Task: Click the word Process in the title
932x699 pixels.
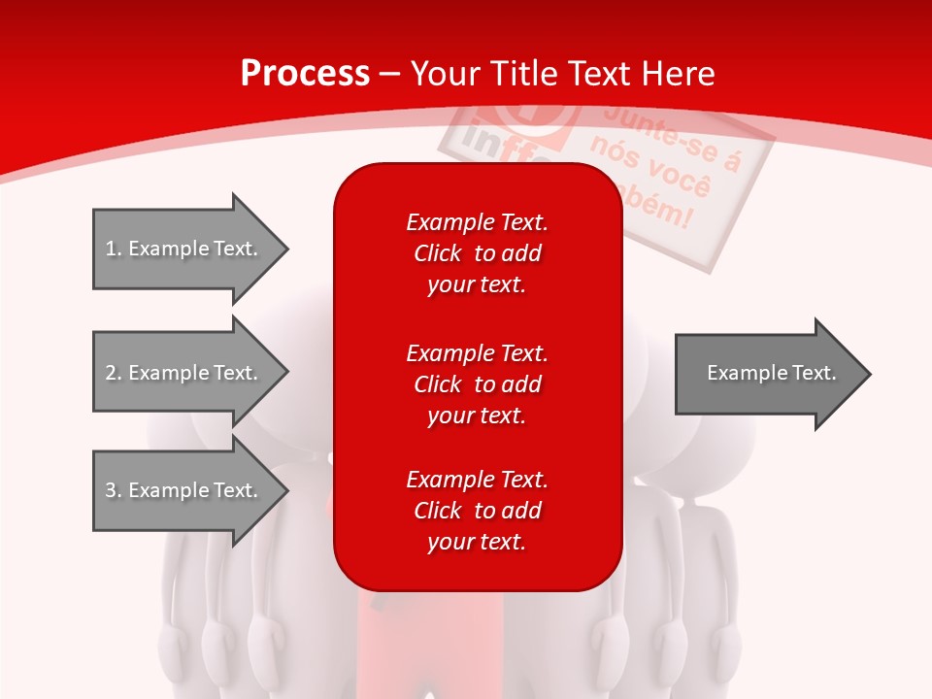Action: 305,74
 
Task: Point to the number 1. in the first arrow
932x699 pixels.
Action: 113,249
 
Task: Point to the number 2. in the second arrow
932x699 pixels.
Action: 113,373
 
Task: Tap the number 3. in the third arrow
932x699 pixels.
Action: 113,490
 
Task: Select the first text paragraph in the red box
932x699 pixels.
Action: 477,253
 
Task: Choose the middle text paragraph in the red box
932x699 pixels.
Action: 477,384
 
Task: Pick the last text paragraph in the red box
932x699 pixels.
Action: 477,511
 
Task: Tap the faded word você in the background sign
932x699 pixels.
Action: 685,181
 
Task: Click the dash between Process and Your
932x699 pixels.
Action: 390,74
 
